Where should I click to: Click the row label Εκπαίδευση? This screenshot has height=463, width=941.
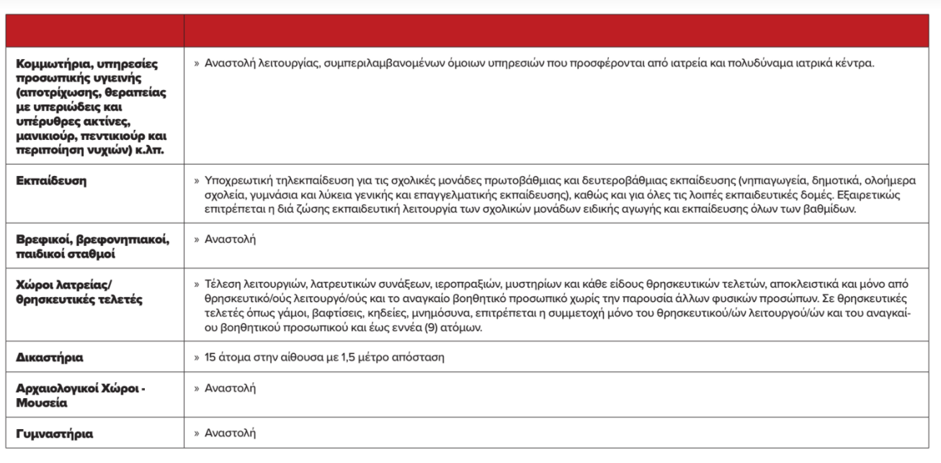(50, 181)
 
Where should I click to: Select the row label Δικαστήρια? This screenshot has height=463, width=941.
(48, 357)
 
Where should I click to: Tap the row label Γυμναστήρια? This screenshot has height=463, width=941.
(54, 434)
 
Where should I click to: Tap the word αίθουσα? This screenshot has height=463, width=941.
(283, 357)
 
